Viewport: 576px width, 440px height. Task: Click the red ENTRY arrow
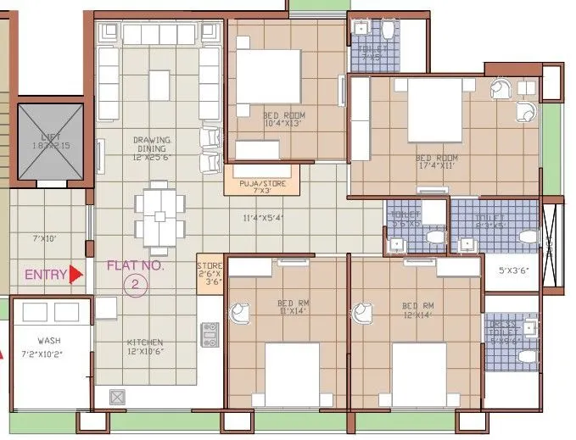tap(76, 274)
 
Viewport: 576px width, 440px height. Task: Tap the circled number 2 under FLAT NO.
tap(134, 285)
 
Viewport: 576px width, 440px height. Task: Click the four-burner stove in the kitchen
tap(207, 336)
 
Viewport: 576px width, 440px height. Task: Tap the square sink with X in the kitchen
tap(117, 395)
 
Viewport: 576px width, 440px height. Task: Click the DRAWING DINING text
tap(152, 145)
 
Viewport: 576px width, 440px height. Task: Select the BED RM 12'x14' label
tap(417, 309)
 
